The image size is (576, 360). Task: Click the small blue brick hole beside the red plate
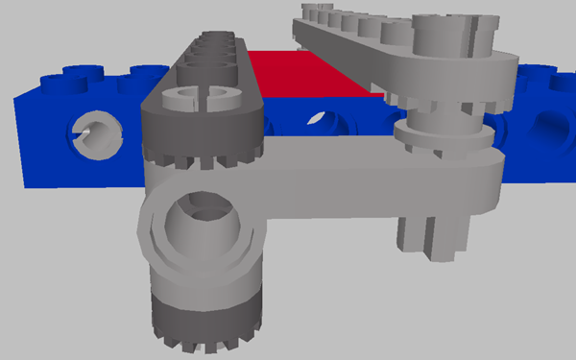click(318, 120)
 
